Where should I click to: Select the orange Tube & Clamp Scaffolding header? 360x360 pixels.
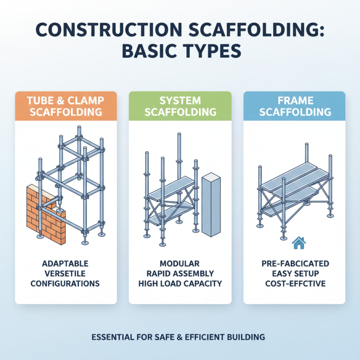point(66,106)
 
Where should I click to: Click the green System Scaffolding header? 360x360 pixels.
point(180,106)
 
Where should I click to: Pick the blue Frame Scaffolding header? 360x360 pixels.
point(294,106)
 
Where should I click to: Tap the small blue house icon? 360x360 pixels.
point(298,243)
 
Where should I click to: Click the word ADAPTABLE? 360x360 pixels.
point(66,263)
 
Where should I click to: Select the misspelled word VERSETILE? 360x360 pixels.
point(66,274)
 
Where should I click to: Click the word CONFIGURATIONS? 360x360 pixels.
point(66,284)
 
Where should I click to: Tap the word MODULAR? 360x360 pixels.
point(180,263)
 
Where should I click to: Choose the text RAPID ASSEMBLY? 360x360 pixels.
point(180,274)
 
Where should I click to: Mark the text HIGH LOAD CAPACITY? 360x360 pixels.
point(180,284)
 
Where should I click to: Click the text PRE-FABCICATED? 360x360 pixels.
point(294,263)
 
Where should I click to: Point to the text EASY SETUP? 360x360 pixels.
point(294,274)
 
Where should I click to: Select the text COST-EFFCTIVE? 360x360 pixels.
point(294,284)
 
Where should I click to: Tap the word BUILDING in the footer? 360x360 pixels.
point(248,337)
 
